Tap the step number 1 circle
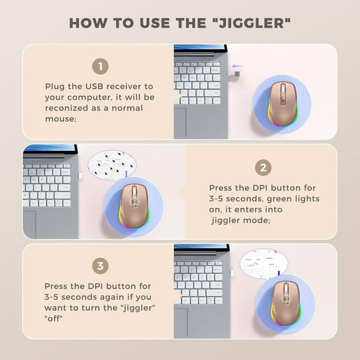[x=100, y=65]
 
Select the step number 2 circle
[x=263, y=168]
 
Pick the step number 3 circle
[x=100, y=265]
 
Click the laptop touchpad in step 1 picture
[x=180, y=123]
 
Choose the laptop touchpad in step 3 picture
[x=180, y=322]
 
